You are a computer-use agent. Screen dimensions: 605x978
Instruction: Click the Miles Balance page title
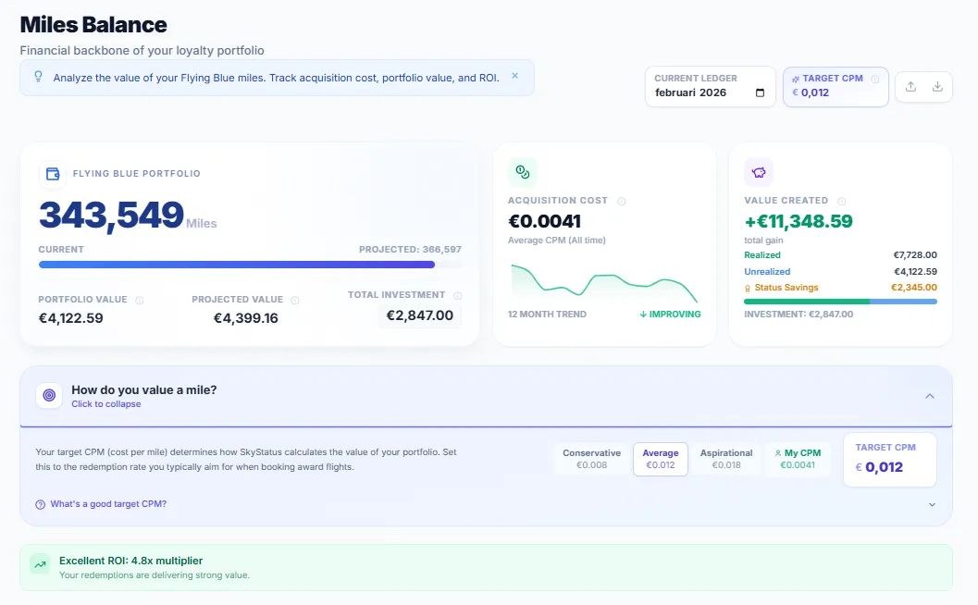coord(93,25)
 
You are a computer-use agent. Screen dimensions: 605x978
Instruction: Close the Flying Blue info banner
coord(515,77)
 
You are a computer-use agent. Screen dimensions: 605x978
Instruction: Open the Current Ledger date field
coord(710,86)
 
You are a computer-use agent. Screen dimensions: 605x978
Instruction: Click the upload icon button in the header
coord(910,86)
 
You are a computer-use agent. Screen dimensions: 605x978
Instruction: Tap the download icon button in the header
coord(937,86)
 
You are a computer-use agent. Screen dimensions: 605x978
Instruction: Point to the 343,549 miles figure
coord(111,215)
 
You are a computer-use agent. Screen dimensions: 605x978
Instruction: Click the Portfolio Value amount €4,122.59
coord(70,318)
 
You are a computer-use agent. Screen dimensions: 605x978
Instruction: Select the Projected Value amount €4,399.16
coord(245,318)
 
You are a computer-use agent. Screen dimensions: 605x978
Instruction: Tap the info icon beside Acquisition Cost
coord(622,201)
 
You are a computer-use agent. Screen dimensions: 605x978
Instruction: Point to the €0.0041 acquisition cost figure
coord(545,221)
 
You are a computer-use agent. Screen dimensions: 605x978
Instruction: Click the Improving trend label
coord(670,315)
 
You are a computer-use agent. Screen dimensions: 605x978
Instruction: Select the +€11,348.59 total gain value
coord(798,221)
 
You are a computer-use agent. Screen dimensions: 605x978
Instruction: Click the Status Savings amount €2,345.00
coord(914,288)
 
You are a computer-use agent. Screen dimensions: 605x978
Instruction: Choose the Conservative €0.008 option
coord(592,459)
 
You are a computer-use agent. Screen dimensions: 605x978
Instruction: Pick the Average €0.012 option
coord(660,459)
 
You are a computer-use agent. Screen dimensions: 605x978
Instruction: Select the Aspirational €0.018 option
coord(726,459)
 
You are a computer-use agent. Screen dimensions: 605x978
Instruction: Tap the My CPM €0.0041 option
coord(798,459)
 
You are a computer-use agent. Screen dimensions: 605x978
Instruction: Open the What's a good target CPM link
coord(108,504)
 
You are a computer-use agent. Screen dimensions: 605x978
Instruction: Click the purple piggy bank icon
coord(759,172)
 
